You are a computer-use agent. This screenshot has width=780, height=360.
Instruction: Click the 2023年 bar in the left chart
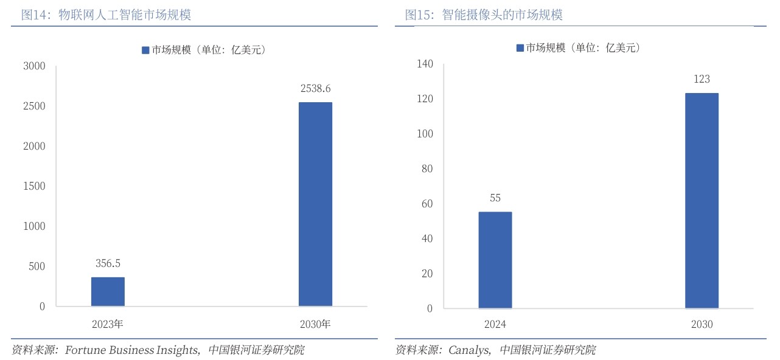pos(108,292)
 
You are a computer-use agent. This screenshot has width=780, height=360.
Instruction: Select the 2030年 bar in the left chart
pos(315,204)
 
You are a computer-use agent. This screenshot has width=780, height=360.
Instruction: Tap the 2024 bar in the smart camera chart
pos(495,260)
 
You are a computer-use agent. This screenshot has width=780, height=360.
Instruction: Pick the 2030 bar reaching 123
pos(702,201)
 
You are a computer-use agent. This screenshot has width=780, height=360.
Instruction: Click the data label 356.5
pos(108,263)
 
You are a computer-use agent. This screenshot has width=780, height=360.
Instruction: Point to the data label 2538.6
pos(315,88)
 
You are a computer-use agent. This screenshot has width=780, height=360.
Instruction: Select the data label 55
pos(495,198)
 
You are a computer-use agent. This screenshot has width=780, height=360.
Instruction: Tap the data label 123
pos(702,79)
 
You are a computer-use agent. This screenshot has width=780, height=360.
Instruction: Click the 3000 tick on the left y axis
pos(34,66)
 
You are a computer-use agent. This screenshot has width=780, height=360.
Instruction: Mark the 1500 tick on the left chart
pos(34,186)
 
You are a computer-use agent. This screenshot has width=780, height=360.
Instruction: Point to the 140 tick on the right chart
pos(425,64)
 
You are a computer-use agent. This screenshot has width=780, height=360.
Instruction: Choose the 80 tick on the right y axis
pos(427,168)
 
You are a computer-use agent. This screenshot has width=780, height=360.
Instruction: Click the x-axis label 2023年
pos(108,324)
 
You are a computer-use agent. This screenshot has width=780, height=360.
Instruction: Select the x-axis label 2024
pos(495,325)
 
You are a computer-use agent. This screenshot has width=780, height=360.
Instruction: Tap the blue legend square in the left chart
pos(145,50)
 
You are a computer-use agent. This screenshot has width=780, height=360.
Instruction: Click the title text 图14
pos(31,15)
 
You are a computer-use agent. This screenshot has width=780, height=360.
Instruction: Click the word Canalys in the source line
pos(469,350)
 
